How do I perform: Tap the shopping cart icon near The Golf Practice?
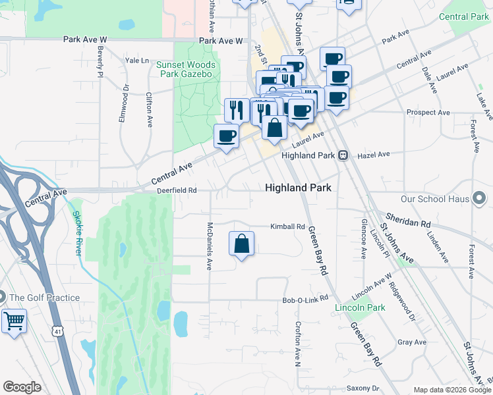(x=13, y=321)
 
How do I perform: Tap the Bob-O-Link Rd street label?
(x=305, y=300)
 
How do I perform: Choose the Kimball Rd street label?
(x=288, y=226)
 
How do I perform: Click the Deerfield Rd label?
(x=177, y=191)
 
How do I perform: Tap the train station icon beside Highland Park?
(x=343, y=155)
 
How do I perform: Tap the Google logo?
(x=22, y=387)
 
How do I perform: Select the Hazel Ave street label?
(x=374, y=155)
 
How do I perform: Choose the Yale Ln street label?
(x=137, y=61)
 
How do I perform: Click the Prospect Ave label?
(x=428, y=113)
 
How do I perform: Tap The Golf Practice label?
(x=45, y=298)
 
